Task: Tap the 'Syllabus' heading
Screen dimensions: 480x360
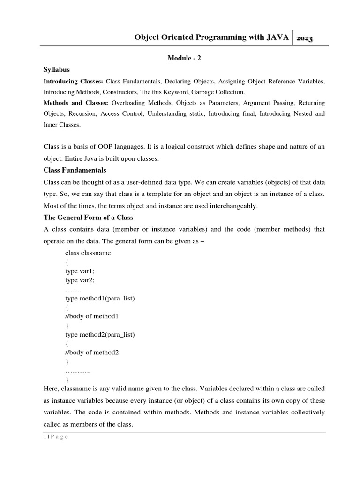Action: [57, 70]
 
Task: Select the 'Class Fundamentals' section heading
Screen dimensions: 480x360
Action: [75, 170]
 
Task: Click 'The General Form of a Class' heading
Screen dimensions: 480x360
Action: [88, 217]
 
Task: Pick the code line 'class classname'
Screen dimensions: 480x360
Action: [88, 253]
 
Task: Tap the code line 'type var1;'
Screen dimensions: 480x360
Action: [80, 271]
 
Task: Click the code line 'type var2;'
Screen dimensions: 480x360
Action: [80, 280]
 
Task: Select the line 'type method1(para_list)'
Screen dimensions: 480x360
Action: [100, 298]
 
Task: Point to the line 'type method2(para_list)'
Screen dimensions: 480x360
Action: [100, 334]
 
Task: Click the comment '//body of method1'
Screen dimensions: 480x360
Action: [92, 316]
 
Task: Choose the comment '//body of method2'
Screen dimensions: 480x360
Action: [92, 352]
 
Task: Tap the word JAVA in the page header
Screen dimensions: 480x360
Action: [277, 38]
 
